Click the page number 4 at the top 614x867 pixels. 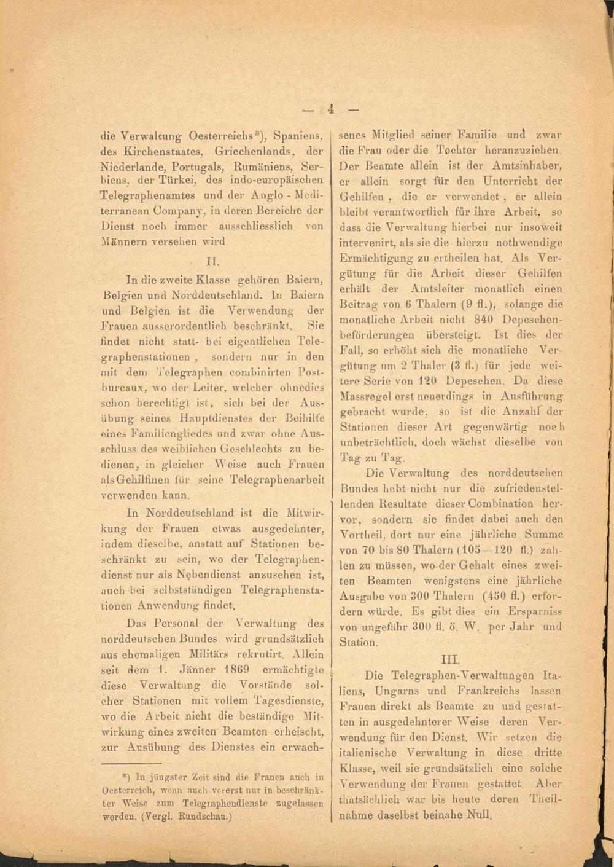point(330,109)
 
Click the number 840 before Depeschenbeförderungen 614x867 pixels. point(484,320)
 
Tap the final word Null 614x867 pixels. point(480,816)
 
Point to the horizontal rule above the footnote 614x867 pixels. point(139,764)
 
